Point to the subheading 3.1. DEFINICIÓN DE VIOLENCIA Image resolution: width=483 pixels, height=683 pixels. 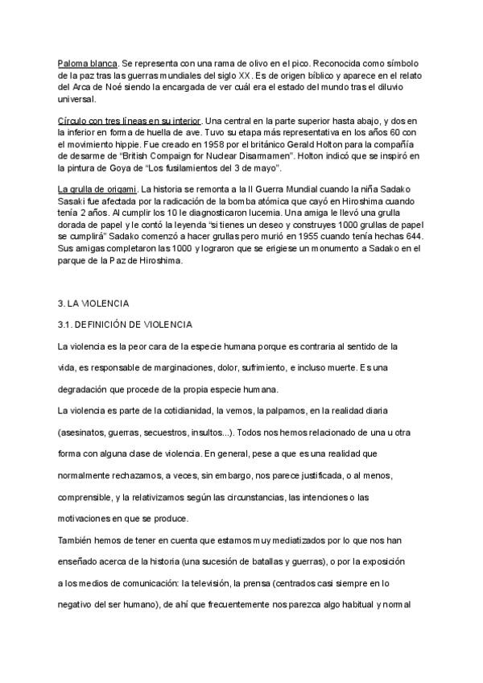(125, 325)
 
